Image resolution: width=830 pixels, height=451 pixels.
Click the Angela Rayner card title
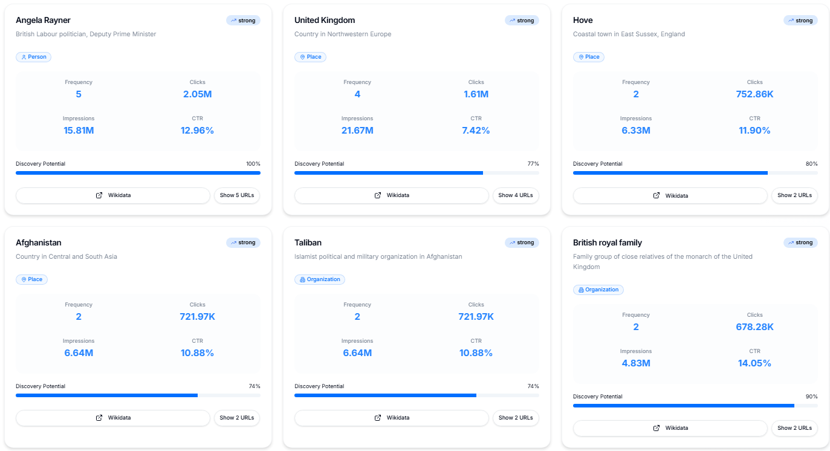(x=43, y=21)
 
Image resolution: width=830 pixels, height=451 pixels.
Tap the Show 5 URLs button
(x=236, y=195)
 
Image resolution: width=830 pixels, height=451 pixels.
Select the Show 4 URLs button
(x=515, y=195)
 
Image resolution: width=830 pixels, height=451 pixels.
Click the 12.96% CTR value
(x=197, y=131)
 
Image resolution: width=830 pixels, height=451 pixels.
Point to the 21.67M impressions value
(x=357, y=131)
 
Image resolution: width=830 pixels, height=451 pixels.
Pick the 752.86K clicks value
(x=754, y=94)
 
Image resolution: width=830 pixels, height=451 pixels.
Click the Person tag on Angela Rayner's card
(x=33, y=57)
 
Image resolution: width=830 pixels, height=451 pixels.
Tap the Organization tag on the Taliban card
(x=319, y=279)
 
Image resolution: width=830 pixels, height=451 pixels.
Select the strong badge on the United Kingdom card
(x=521, y=21)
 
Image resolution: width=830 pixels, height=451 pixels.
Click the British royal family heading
(x=607, y=242)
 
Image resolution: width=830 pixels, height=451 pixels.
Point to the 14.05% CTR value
(x=754, y=363)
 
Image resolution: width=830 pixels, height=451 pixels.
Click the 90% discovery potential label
(x=811, y=397)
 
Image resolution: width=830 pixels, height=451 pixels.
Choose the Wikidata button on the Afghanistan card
(x=113, y=418)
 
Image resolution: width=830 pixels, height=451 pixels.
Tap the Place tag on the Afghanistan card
(x=31, y=279)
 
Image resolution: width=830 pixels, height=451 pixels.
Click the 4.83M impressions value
(x=635, y=363)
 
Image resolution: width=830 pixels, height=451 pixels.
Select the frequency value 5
(x=79, y=94)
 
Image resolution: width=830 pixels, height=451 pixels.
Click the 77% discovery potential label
(x=533, y=164)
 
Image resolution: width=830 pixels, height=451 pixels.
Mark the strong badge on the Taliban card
(x=521, y=242)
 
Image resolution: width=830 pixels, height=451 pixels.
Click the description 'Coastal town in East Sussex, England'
(x=629, y=34)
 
